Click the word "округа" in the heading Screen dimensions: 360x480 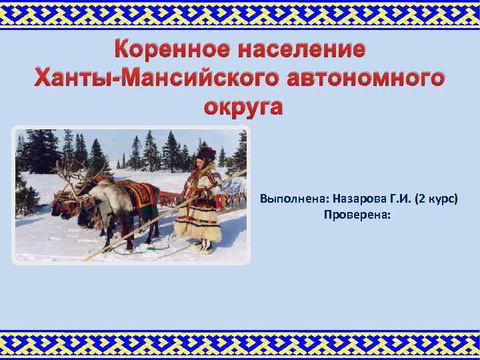coord(240,107)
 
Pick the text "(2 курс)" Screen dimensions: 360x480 coord(437,199)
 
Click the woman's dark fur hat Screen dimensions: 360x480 coord(207,153)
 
